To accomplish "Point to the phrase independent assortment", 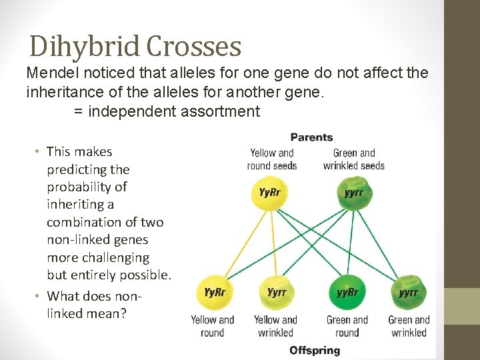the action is click(x=173, y=111).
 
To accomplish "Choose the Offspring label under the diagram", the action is click(x=315, y=350).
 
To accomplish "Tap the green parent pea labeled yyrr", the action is click(x=354, y=192).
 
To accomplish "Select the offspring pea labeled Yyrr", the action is click(x=277, y=293).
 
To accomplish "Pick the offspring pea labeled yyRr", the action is click(x=347, y=293).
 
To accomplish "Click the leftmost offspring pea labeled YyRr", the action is click(x=215, y=293).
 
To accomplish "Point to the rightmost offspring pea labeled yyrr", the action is click(x=409, y=293).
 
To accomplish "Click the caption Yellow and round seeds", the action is click(x=271, y=159).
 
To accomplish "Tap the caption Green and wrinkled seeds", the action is click(x=354, y=159).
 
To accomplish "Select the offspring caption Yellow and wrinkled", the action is click(x=276, y=326).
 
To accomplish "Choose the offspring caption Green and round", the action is click(x=347, y=326).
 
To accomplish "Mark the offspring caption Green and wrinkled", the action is click(x=409, y=326).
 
